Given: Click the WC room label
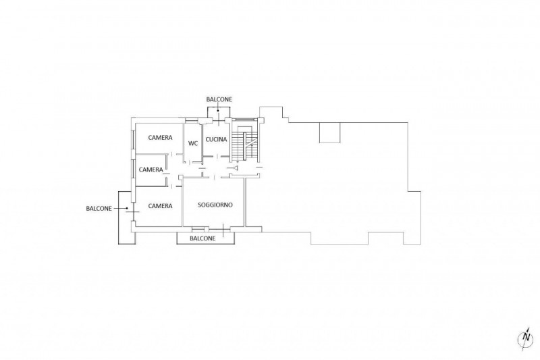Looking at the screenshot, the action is (x=193, y=143).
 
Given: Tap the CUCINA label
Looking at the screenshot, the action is (x=216, y=140).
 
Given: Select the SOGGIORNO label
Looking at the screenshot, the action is (x=215, y=205).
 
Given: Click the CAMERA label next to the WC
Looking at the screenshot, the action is (x=160, y=138).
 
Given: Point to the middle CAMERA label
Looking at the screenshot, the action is (x=151, y=170).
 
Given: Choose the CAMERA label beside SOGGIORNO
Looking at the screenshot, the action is (x=160, y=205).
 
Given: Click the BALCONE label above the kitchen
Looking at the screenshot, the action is (x=219, y=99).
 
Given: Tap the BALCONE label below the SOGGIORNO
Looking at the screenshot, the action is (x=202, y=238).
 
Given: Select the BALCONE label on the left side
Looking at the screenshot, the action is (x=99, y=209).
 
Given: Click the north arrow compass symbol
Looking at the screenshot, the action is (x=526, y=338).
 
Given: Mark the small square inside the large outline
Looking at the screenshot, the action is (x=329, y=132).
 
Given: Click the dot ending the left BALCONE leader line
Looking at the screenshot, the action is (x=127, y=208).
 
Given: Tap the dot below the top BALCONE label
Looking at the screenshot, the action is (x=218, y=111).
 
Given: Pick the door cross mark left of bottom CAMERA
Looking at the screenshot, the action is (x=132, y=211).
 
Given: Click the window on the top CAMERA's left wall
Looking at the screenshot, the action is (x=132, y=139).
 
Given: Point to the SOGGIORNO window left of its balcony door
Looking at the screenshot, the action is (x=198, y=229).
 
